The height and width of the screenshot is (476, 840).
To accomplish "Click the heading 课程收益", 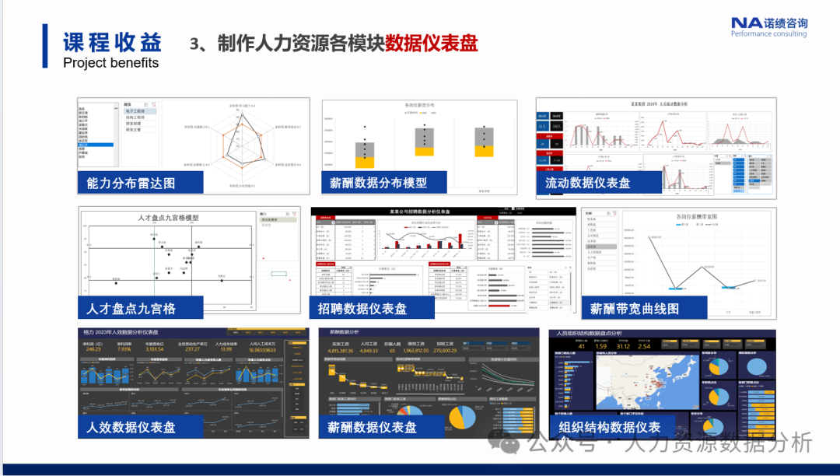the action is coord(112,41).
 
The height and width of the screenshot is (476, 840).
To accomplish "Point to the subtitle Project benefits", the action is coord(110,63).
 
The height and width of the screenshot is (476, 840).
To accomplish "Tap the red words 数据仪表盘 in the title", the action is coord(431,43).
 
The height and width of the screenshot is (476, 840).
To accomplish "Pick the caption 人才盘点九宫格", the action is coord(131,308).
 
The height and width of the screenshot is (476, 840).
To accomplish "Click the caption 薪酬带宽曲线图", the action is coord(635,308).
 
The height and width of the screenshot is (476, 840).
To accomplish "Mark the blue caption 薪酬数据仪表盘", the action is coord(373,427).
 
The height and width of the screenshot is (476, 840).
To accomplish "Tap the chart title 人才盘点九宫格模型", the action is coord(168,218).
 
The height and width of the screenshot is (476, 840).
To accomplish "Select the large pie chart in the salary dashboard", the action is coord(464,416).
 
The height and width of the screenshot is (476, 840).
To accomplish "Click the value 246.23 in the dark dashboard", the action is coord(93,349).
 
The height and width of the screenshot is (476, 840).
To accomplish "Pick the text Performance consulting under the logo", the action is coord(768,33).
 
